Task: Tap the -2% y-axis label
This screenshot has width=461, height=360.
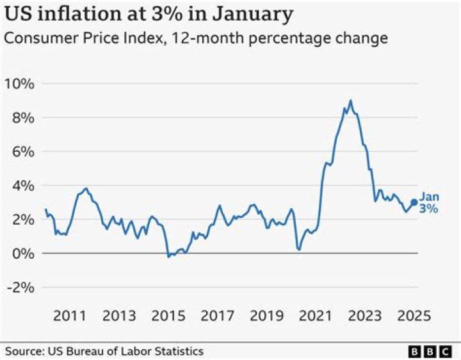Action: pyautogui.click(x=19, y=287)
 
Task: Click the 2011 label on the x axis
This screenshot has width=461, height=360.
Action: pyautogui.click(x=69, y=316)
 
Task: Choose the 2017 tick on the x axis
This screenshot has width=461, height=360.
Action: pyautogui.click(x=217, y=316)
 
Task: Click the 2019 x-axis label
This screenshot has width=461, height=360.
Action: pyautogui.click(x=266, y=316)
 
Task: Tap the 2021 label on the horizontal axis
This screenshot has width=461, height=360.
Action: pyautogui.click(x=316, y=316)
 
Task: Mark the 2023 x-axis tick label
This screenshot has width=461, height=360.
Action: pyautogui.click(x=365, y=316)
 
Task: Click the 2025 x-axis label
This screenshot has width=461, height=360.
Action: pyautogui.click(x=414, y=316)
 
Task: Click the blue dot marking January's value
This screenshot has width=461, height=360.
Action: pyautogui.click(x=414, y=202)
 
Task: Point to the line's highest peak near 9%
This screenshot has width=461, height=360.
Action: pyautogui.click(x=350, y=101)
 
